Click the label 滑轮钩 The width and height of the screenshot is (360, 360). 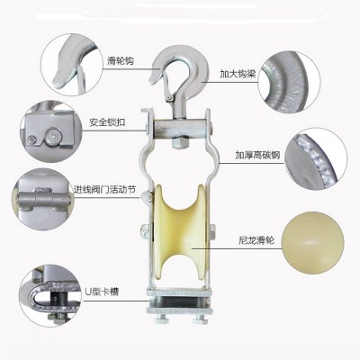121,61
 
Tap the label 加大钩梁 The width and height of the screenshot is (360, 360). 238,74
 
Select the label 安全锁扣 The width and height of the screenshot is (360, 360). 107,122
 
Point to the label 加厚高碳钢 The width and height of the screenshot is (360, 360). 257,155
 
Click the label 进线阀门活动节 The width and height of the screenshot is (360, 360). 104,189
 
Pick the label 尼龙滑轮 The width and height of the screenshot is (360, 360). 256,240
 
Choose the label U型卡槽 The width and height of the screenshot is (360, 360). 102,292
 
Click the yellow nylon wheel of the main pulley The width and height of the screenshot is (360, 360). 179,233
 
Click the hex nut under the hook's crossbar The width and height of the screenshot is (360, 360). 180,142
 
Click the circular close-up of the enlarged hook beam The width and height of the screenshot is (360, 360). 289,81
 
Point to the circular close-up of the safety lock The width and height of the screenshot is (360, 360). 51,131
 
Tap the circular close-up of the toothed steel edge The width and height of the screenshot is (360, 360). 315,159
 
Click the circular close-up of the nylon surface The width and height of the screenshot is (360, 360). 313,243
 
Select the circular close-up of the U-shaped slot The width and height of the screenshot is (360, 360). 50,295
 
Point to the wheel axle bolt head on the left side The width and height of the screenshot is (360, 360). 144,232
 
